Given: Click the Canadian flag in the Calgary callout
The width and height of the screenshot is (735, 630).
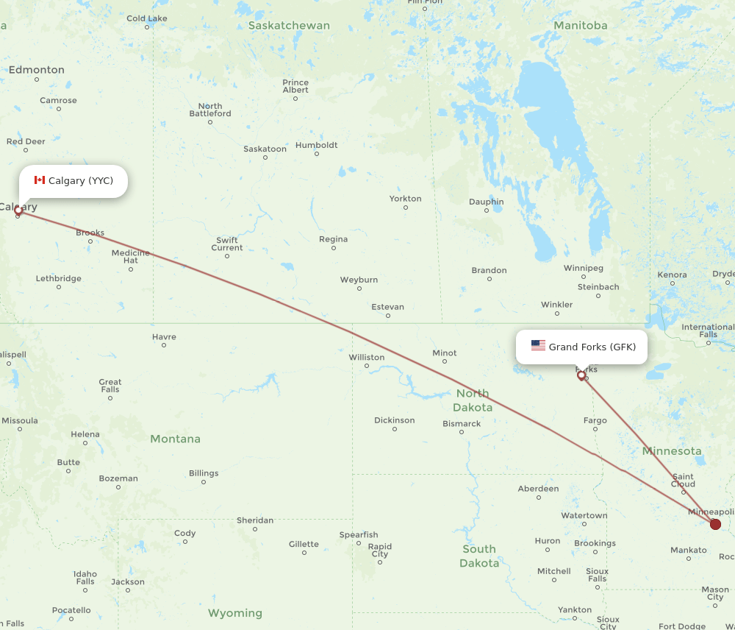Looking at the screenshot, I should [40, 180].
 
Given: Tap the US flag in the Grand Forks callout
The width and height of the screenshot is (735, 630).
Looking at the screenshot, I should [538, 346].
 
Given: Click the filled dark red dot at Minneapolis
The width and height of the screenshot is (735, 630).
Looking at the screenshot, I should [715, 524].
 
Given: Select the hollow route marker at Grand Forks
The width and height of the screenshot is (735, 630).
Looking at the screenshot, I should [581, 376].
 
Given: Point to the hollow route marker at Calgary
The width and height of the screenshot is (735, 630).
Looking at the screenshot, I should [18, 210].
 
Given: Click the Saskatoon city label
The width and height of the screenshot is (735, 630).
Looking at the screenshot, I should [265, 149].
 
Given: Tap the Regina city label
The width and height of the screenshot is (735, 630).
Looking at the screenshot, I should [333, 239].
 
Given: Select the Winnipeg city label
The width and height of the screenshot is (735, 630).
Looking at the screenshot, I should [584, 268].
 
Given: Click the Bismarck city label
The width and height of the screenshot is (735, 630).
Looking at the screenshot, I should [462, 423].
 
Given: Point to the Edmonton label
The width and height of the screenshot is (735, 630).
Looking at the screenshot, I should [36, 70].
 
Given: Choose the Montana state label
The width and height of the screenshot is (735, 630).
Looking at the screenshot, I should [175, 439].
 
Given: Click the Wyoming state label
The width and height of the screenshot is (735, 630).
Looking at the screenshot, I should [234, 612].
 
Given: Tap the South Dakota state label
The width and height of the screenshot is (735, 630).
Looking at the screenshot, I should [478, 556].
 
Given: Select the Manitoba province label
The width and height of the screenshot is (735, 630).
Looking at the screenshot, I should [580, 25].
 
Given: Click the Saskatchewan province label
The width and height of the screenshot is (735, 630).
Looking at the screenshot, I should [289, 25].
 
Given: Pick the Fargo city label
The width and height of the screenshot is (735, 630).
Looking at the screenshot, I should [595, 420].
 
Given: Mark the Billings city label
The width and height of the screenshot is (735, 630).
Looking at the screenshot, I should [203, 473].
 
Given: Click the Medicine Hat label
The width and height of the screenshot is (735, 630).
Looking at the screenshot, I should [131, 256].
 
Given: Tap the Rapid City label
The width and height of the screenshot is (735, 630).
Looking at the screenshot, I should [379, 550].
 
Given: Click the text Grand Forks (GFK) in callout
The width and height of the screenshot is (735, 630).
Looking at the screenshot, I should [592, 347].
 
